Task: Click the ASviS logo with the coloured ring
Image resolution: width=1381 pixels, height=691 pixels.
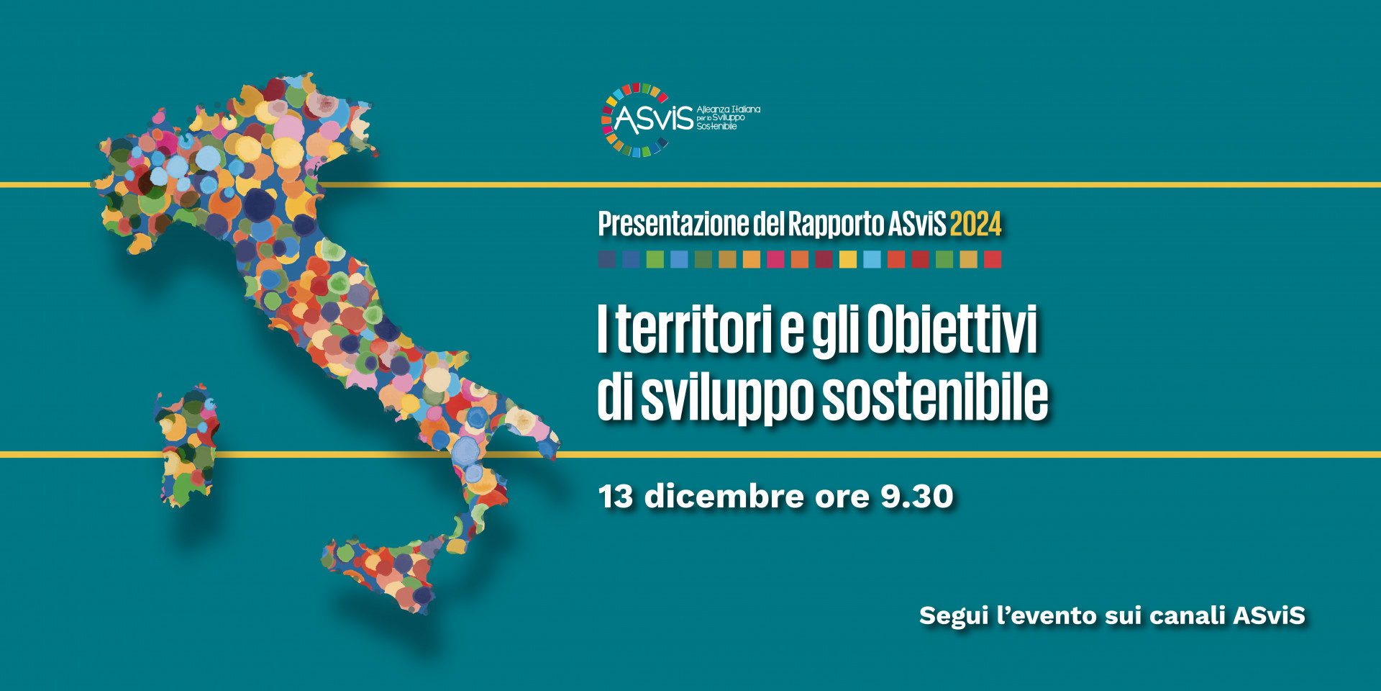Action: (680, 119)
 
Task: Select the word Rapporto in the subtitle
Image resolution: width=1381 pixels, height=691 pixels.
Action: (836, 225)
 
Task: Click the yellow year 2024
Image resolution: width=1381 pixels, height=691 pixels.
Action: (975, 225)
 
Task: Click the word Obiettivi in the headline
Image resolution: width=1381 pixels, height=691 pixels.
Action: (952, 329)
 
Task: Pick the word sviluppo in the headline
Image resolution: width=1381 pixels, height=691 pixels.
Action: (727, 398)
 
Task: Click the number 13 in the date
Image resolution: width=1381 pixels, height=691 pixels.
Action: (616, 497)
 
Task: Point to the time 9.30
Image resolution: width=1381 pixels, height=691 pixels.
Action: (917, 497)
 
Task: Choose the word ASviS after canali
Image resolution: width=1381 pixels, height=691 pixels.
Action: (1270, 616)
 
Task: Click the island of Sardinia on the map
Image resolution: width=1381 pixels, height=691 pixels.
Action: (186, 446)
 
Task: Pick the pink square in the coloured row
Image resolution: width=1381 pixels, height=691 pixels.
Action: (775, 259)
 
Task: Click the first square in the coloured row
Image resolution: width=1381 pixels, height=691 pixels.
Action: (607, 259)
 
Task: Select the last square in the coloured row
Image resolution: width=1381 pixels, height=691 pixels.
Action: (993, 259)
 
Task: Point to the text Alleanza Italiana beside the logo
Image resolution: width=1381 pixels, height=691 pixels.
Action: (729, 109)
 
